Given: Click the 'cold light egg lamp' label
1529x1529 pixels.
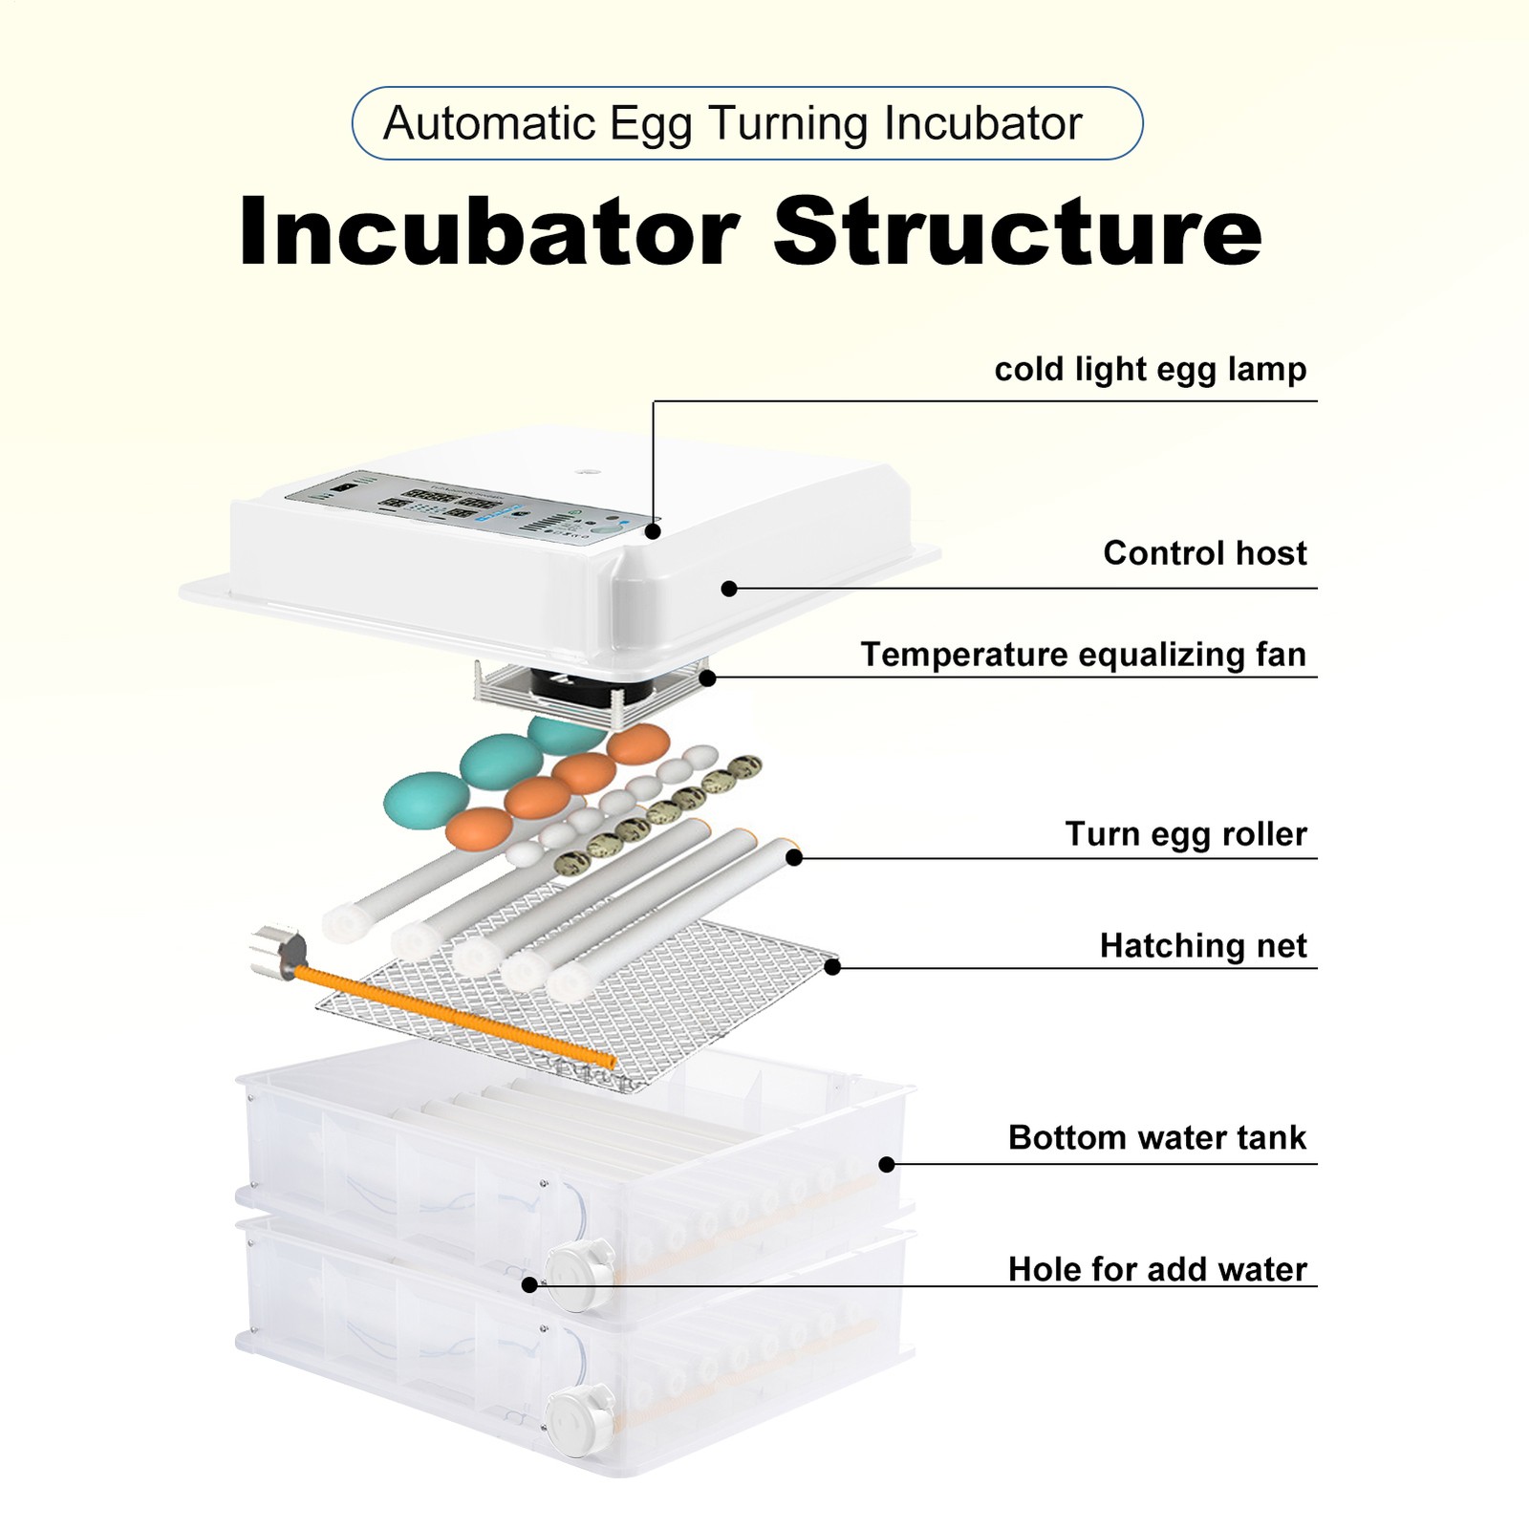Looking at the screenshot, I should point(1150,369).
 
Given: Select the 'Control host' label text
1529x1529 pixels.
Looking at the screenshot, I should point(1204,553).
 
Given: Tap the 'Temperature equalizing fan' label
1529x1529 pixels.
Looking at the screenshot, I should point(1083,655).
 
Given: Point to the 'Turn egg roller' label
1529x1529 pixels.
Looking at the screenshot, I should point(1185,834).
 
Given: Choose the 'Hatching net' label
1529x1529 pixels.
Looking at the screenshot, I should point(1202,946).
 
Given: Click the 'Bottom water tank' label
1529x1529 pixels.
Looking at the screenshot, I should point(1156,1138).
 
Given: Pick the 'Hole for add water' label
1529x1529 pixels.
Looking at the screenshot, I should point(1156,1269).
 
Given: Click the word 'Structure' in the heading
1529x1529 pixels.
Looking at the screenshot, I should point(1018,231).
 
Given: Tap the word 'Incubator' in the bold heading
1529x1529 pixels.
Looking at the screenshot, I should point(488,231).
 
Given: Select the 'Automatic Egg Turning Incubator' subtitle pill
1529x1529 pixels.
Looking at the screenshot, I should point(747,123).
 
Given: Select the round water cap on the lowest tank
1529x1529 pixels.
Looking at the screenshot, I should point(579,1421).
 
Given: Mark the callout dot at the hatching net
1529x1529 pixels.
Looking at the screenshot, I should point(832,967).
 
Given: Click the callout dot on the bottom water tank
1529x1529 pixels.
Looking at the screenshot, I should point(887,1164).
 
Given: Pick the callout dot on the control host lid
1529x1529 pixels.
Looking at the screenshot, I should point(729,589).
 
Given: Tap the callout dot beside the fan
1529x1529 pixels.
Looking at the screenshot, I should point(707,678).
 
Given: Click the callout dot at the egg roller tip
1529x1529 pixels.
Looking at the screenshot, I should point(794,857).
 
